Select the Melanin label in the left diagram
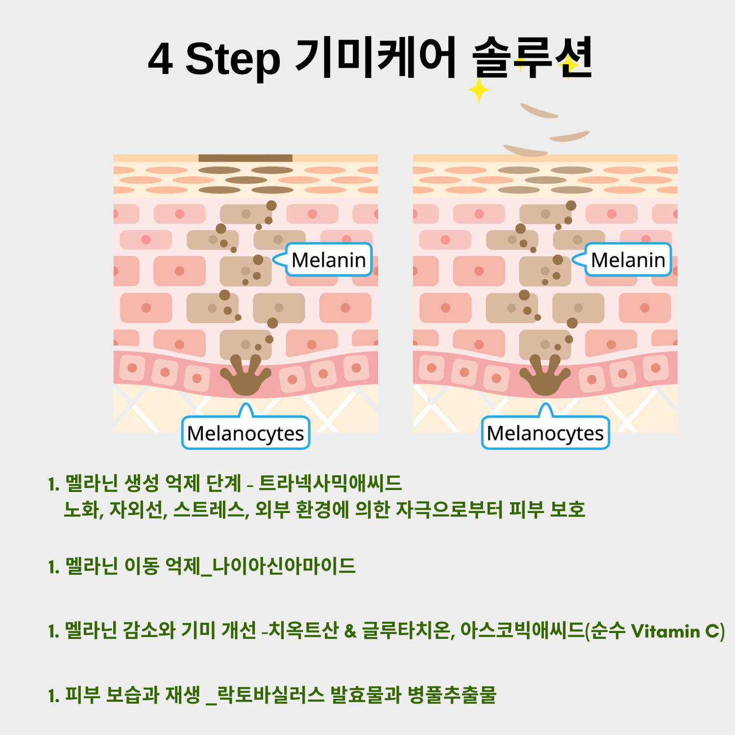click(329, 260)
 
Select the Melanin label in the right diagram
click(628, 260)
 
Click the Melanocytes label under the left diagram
click(245, 433)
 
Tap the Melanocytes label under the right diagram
click(545, 433)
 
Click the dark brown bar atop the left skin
click(245, 158)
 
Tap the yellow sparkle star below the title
click(478, 91)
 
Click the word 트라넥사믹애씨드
click(330, 484)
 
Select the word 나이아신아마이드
click(284, 566)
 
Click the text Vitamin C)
click(678, 631)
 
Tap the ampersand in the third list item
click(350, 631)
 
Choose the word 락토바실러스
click(270, 695)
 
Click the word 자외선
click(138, 510)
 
